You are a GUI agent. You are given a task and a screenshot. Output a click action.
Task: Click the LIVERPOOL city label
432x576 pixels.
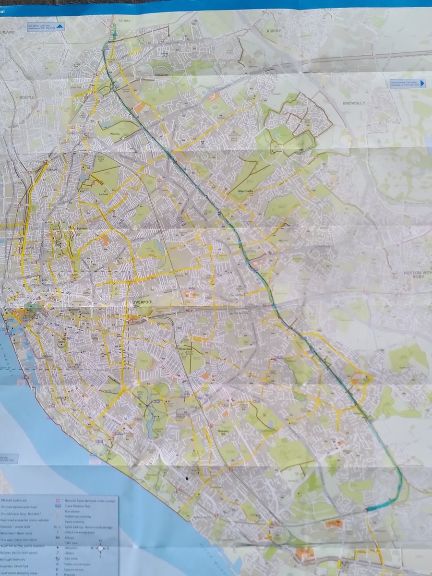(143, 303)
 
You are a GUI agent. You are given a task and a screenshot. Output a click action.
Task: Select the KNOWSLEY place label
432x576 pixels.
(354, 103)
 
